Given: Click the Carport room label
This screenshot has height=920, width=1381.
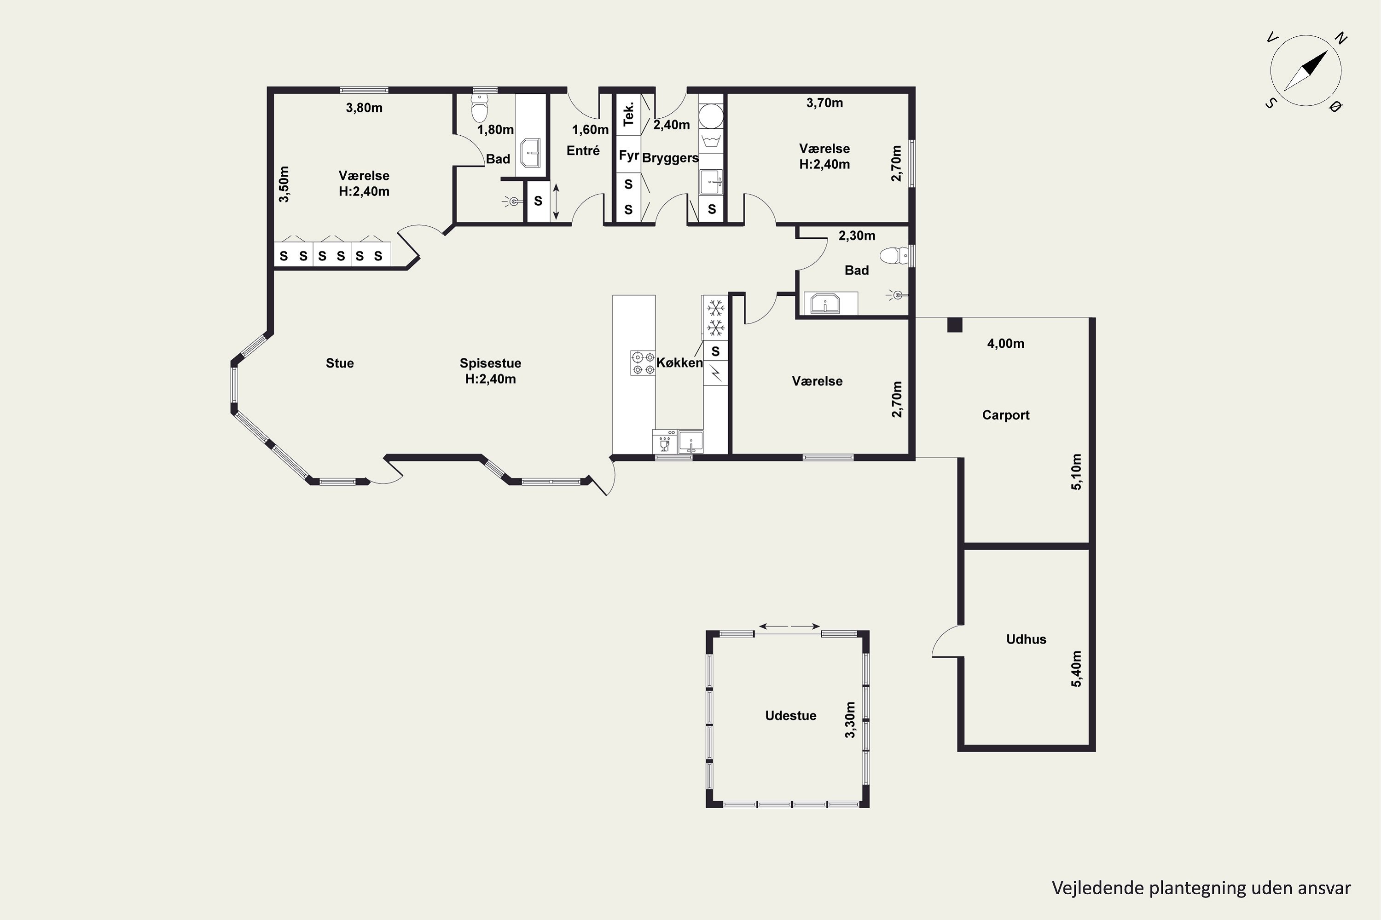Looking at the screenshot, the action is point(1005,415).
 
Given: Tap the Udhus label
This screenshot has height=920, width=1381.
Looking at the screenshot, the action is point(1026,639).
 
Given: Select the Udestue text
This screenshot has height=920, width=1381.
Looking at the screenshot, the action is point(790,715).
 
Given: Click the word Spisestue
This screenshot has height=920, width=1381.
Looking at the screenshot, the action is point(490,363).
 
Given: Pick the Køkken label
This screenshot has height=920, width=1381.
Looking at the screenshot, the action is point(679,362).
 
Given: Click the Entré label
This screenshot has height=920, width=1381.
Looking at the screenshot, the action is point(583,150).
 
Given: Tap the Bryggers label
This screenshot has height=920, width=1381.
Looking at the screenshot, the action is point(670,158).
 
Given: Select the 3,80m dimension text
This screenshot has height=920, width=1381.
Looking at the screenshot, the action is point(364,108).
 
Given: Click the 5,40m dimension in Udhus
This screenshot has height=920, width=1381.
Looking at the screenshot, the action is point(1076,668).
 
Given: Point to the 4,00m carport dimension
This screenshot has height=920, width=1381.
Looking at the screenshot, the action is point(1005,343).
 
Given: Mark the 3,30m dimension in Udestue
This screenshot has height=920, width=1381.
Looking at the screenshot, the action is point(850,720).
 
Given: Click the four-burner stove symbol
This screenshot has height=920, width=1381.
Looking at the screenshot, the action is point(642,362).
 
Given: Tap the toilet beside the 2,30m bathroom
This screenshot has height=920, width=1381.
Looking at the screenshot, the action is point(894,255).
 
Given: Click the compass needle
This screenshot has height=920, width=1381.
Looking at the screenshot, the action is point(1306,70).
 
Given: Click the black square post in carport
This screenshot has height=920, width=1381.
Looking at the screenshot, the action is point(955,324).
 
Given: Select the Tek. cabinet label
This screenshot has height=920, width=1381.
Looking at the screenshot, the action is point(628,114).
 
